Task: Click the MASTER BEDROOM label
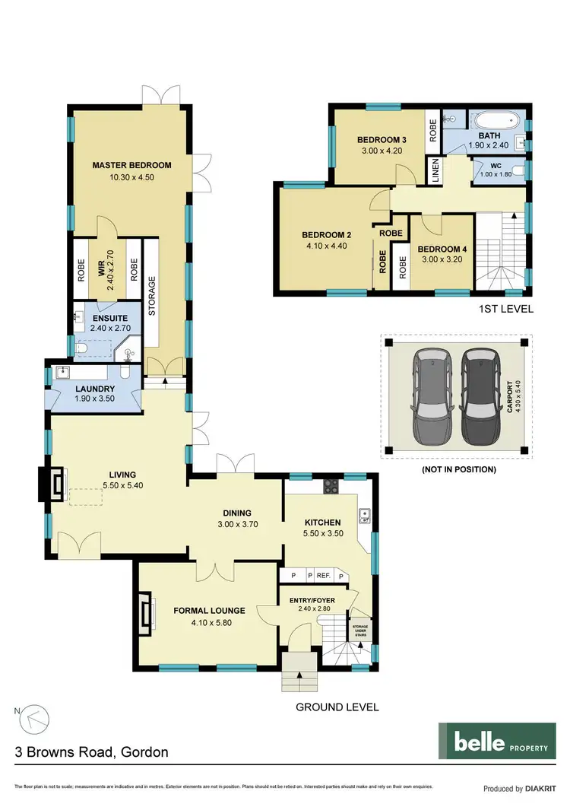(x=131, y=165)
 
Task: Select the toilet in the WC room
(x=517, y=170)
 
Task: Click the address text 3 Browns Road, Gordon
(x=92, y=752)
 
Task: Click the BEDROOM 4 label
(x=440, y=249)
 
